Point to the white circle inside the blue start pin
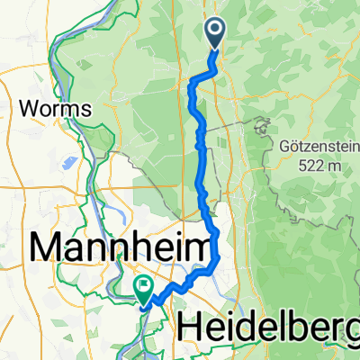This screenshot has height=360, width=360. (217, 31)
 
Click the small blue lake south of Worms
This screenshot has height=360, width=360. (67, 164)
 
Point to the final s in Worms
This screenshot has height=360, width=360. (89, 108)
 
